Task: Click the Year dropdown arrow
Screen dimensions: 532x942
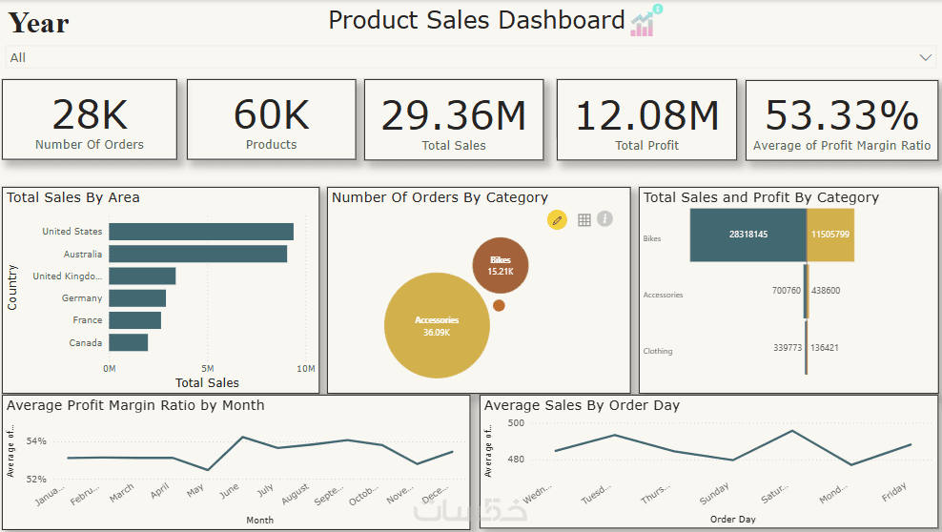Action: click(x=925, y=57)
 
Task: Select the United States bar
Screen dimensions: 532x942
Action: click(x=200, y=232)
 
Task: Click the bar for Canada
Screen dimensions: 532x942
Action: click(x=128, y=342)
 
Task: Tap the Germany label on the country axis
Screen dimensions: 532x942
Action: click(x=82, y=298)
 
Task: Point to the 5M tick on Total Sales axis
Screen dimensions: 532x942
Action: click(x=208, y=368)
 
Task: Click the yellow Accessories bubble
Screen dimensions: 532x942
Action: click(x=437, y=325)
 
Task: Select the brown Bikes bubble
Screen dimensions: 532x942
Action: click(x=500, y=265)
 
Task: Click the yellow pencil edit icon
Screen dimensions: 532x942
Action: click(x=557, y=220)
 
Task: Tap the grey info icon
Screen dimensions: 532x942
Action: click(x=604, y=219)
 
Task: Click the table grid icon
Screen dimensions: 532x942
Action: click(x=584, y=220)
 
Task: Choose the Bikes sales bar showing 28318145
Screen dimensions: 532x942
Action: click(x=747, y=235)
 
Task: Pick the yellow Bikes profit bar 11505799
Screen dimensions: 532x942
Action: click(x=830, y=235)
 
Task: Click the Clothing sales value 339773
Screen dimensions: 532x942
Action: click(x=788, y=348)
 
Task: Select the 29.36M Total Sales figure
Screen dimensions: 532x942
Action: click(x=454, y=115)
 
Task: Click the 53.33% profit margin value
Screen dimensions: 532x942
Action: click(x=842, y=115)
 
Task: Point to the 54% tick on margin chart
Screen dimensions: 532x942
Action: click(x=36, y=441)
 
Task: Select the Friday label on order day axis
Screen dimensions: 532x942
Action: click(x=894, y=493)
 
